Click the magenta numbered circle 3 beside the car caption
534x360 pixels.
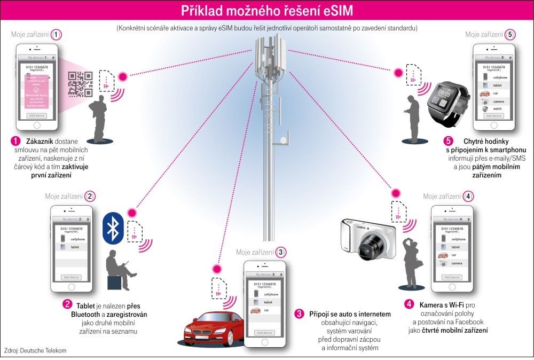click(300, 313)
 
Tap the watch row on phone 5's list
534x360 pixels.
click(494, 108)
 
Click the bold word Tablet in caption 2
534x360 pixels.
click(87, 304)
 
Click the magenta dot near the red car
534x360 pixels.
click(216, 269)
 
